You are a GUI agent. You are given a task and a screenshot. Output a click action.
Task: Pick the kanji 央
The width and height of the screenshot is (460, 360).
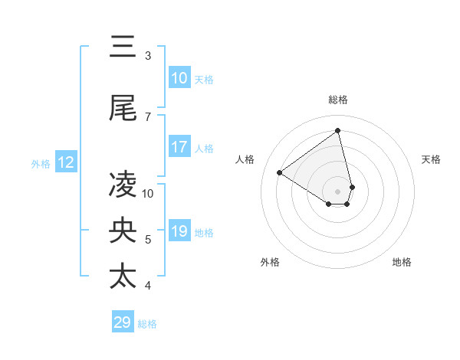click(x=123, y=230)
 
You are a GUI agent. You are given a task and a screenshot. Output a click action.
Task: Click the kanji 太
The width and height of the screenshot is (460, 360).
click(x=123, y=276)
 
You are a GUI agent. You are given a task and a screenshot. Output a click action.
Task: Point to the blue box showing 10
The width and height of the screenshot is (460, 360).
click(x=179, y=78)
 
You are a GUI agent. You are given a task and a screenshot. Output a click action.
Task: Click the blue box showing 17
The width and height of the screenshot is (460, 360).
click(x=179, y=147)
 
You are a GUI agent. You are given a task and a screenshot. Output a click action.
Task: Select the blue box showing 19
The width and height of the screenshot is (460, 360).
click(x=179, y=232)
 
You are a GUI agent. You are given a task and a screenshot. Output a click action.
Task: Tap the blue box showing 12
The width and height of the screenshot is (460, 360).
click(x=65, y=162)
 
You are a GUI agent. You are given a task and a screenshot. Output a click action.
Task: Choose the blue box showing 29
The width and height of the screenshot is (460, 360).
click(x=123, y=322)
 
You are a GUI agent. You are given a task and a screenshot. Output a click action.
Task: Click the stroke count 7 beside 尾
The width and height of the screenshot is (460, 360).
click(x=148, y=116)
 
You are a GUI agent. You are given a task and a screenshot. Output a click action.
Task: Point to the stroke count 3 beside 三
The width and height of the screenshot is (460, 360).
click(x=148, y=56)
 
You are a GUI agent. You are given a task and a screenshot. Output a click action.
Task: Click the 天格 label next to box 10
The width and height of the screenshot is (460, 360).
click(x=204, y=79)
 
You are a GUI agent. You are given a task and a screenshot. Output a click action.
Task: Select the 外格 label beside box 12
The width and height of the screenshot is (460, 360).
click(x=41, y=163)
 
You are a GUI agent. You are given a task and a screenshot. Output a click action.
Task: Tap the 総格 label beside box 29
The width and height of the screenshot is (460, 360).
click(x=148, y=324)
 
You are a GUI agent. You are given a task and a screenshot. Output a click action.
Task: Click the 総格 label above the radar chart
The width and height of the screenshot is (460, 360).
click(x=338, y=100)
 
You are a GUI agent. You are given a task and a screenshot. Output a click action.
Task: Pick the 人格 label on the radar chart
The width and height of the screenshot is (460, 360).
click(x=245, y=159)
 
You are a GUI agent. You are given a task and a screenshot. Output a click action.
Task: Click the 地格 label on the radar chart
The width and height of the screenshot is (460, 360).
click(x=402, y=262)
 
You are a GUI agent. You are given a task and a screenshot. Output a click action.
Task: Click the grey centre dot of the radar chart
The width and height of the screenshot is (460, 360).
click(x=338, y=191)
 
